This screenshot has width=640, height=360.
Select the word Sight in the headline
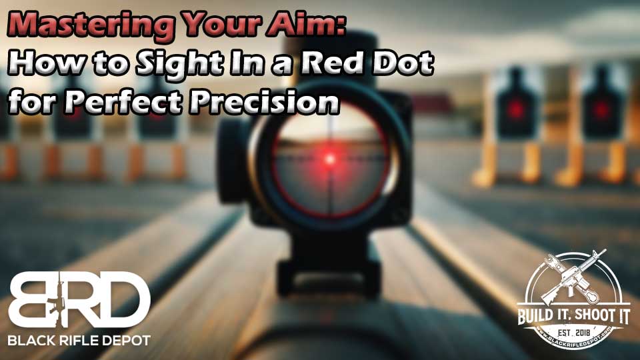tap(181, 65)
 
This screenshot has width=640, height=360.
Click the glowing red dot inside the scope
tap(330, 159)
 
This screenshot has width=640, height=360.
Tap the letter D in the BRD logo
tap(125, 299)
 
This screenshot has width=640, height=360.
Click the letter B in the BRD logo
tap(33, 299)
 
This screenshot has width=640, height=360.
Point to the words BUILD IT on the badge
tap(541, 316)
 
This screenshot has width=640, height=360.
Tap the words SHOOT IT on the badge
tap(601, 315)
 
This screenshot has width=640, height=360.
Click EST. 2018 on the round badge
tap(574, 333)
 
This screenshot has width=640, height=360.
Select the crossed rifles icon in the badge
tap(573, 277)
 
